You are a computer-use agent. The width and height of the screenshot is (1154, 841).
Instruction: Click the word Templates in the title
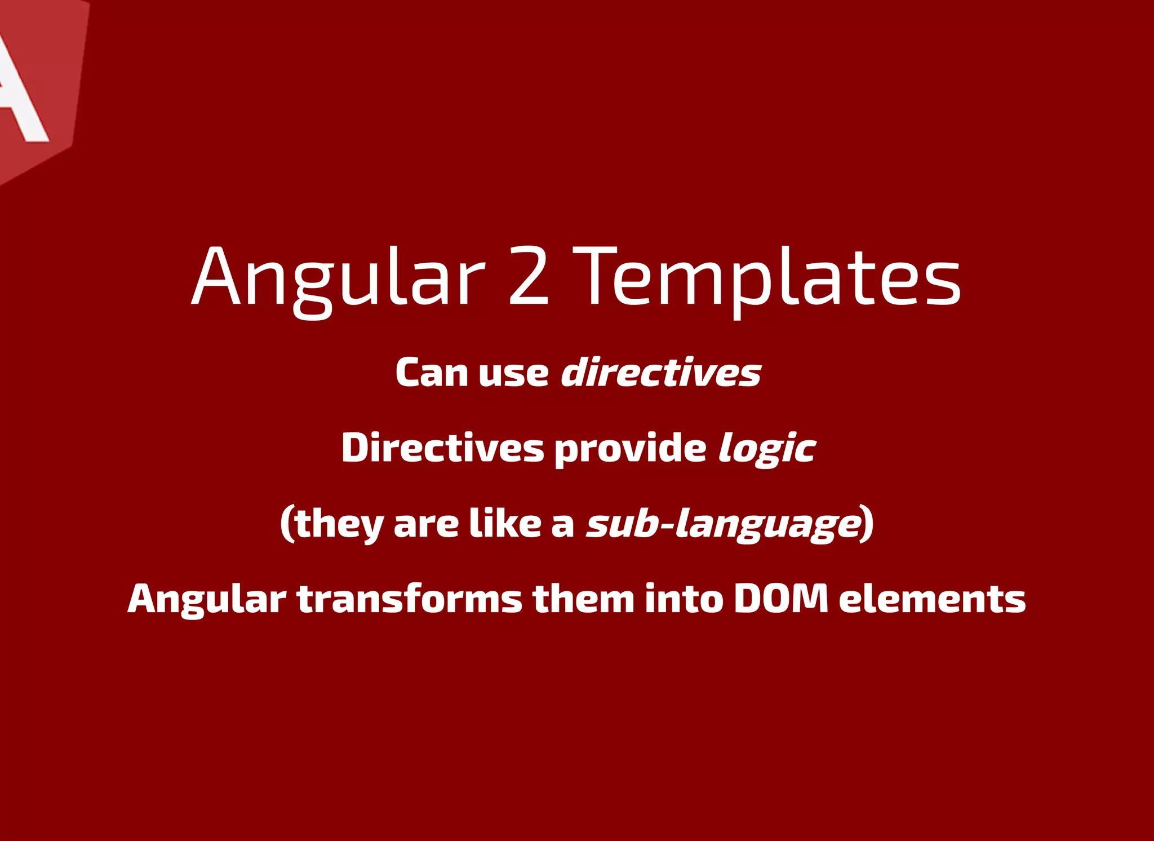pyautogui.click(x=770, y=278)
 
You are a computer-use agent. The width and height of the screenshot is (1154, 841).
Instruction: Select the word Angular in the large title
pyautogui.click(x=338, y=278)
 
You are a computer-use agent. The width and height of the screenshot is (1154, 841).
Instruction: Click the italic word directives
pyautogui.click(x=661, y=373)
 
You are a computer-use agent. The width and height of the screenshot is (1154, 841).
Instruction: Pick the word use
pyautogui.click(x=513, y=374)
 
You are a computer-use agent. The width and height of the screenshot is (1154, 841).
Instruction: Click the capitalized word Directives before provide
pyautogui.click(x=442, y=448)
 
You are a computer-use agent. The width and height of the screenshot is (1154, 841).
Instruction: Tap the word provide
pyautogui.click(x=630, y=449)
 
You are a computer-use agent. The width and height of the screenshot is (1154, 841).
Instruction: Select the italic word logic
pyautogui.click(x=766, y=449)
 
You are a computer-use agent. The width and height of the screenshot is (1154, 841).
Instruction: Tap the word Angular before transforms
pyautogui.click(x=207, y=599)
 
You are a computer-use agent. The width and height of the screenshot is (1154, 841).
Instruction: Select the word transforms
pyautogui.click(x=410, y=599)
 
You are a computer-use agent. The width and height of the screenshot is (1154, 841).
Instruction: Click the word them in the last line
pyautogui.click(x=583, y=599)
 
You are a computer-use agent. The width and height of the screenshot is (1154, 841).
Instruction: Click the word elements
pyautogui.click(x=932, y=599)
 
